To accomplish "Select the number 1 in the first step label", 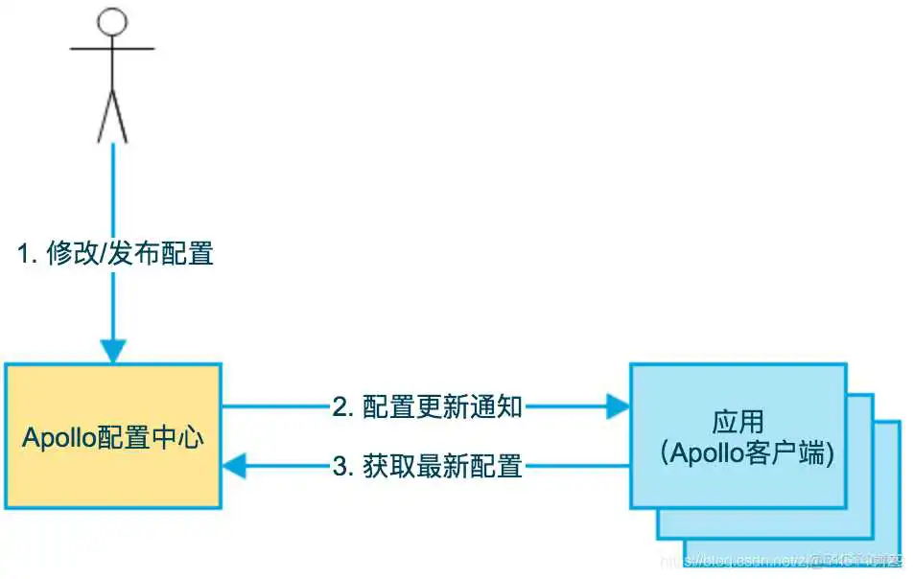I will [24, 254].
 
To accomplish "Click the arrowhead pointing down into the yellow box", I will [113, 351].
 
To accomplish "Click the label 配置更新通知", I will [442, 407].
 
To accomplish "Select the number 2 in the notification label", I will [340, 407].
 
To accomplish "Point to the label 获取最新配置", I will [442, 467].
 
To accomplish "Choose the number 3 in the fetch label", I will [340, 467].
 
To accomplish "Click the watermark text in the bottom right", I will [796, 559].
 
